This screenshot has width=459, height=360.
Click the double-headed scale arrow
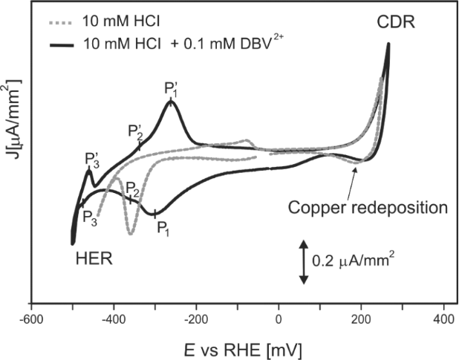click(x=303, y=261)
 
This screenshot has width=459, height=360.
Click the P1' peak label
click(x=172, y=89)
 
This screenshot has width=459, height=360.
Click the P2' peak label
click(x=135, y=131)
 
